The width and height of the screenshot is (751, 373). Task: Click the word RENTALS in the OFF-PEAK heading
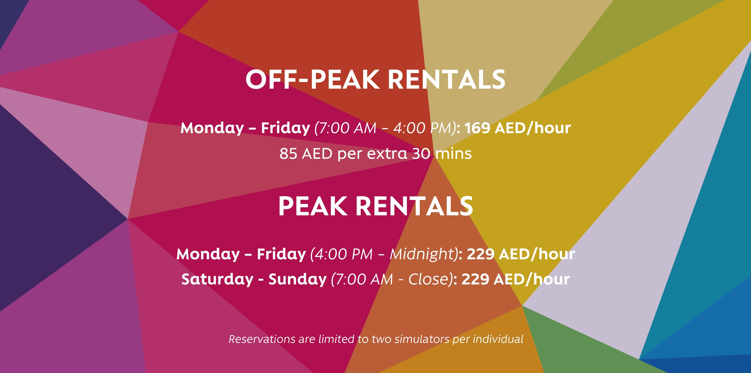point(447,80)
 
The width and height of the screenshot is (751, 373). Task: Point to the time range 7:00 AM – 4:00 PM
point(385,128)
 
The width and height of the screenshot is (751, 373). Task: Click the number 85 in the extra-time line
point(288,154)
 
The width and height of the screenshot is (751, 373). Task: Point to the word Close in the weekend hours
point(428,279)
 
